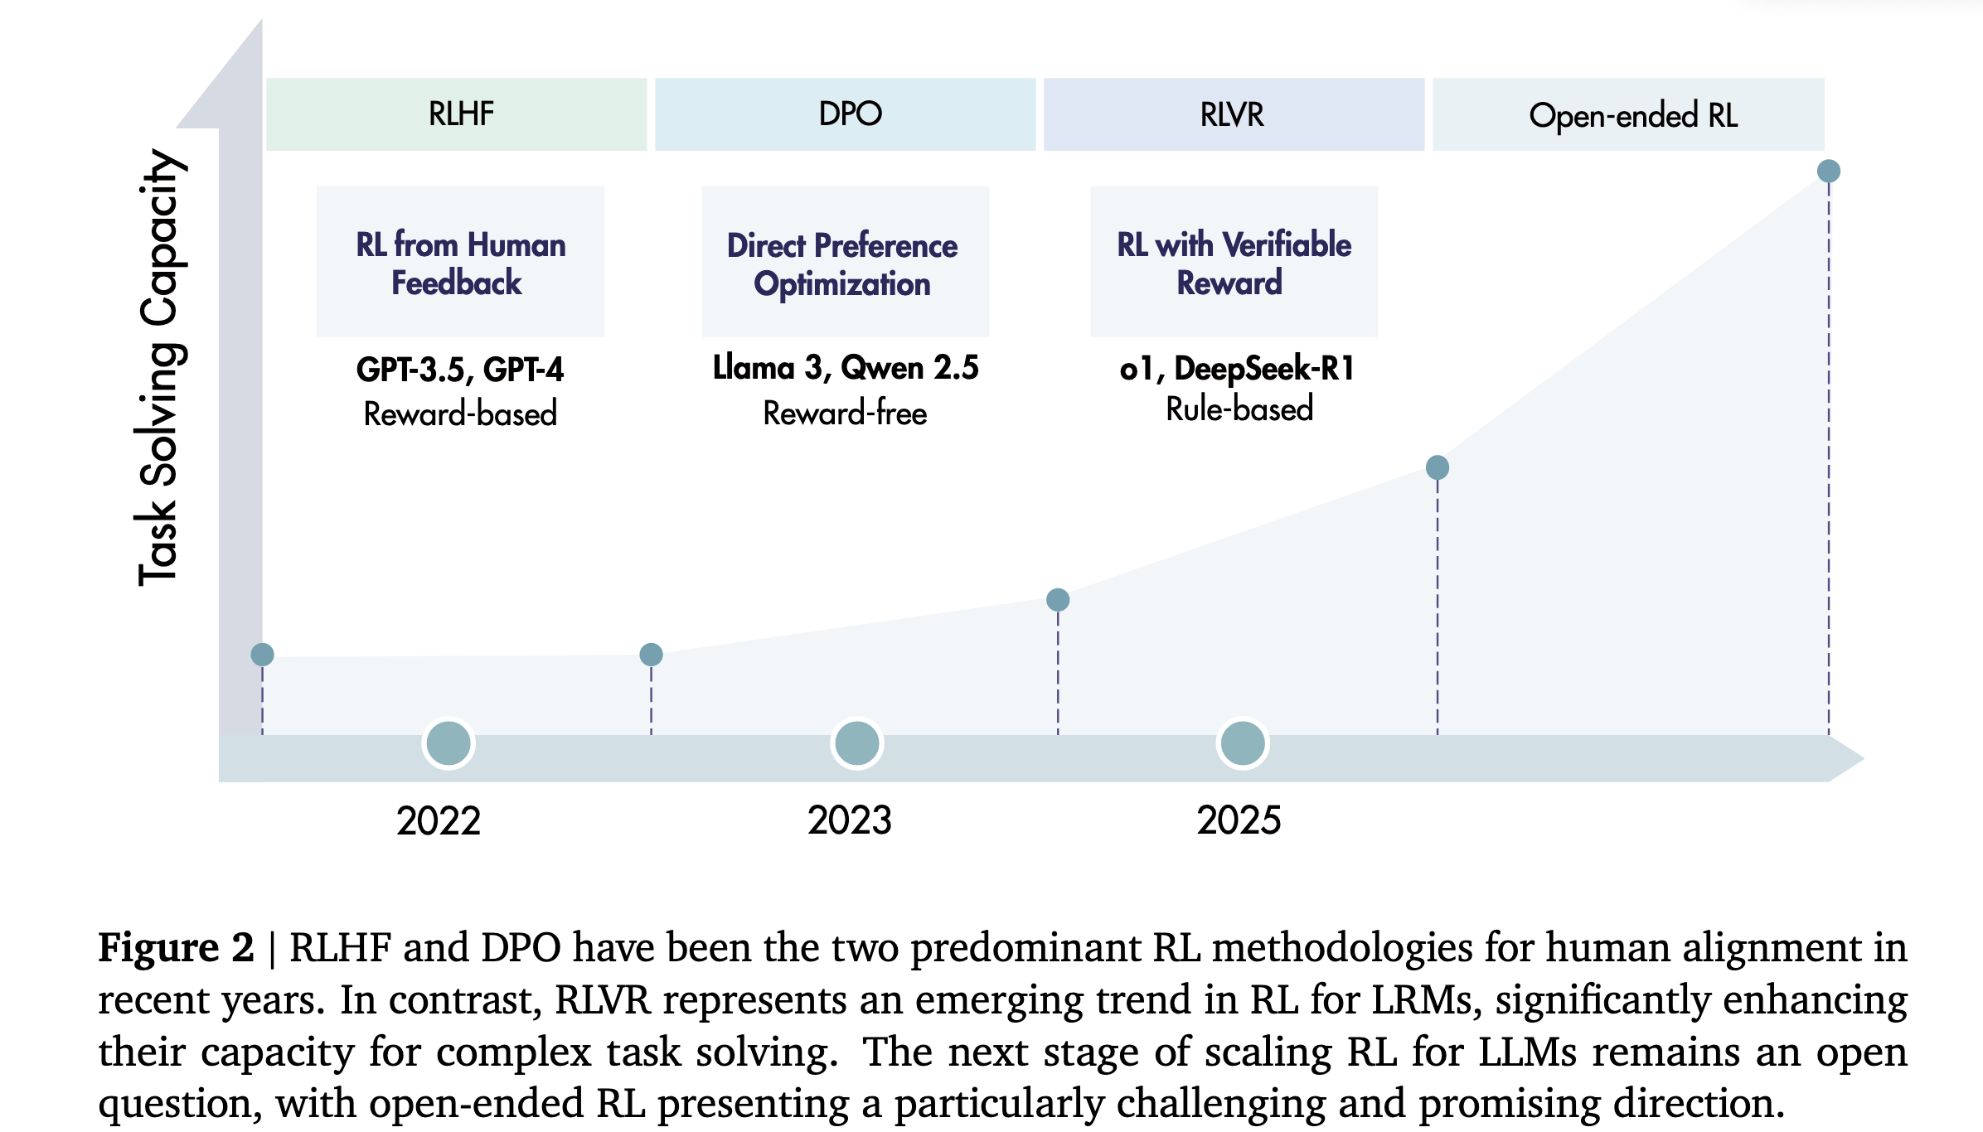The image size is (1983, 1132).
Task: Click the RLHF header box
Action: click(x=457, y=114)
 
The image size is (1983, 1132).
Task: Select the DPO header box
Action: click(x=846, y=114)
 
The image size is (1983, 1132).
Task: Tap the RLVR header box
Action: click(x=1234, y=114)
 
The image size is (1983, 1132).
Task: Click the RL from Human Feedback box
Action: click(x=460, y=262)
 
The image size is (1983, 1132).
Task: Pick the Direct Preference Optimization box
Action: click(x=845, y=262)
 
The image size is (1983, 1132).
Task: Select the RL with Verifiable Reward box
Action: click(x=1234, y=262)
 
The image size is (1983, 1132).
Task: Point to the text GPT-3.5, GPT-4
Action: click(x=460, y=370)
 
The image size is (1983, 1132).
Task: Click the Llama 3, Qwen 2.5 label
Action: click(x=846, y=367)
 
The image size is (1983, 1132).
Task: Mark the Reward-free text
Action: click(x=845, y=413)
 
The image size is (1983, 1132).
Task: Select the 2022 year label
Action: click(x=439, y=821)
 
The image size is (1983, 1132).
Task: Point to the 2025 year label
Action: click(x=1239, y=820)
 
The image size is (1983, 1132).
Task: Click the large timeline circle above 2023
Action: click(x=856, y=743)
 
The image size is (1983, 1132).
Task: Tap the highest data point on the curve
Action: click(x=1828, y=172)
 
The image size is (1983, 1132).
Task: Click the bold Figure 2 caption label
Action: click(x=176, y=947)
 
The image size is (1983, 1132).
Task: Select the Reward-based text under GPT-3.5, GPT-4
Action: click(x=460, y=414)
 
